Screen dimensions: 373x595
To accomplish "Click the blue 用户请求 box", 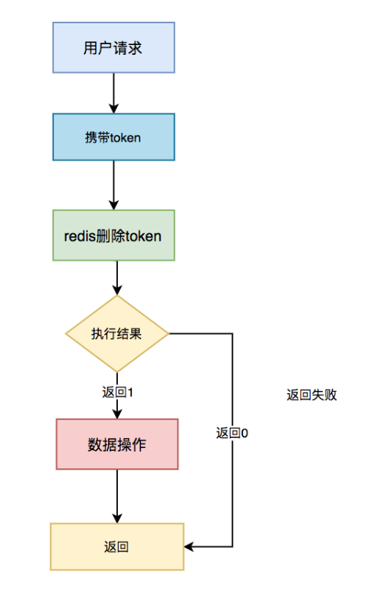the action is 113,47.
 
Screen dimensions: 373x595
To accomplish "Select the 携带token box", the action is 113,137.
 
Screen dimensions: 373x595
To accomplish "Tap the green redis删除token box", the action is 113,236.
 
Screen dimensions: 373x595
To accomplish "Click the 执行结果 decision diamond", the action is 117,334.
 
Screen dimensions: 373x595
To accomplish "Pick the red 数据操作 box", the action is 117,444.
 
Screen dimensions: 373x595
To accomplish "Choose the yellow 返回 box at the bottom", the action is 117,546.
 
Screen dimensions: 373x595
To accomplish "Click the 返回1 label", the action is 117,392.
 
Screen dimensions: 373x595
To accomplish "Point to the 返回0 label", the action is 232,433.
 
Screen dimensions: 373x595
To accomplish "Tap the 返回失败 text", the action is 311,395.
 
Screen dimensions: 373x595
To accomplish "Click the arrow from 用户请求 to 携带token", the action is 113,93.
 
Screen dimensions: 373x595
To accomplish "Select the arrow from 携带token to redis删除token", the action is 113,185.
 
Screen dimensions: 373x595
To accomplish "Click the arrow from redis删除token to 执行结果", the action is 117,278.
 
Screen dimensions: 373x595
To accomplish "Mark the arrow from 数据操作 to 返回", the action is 117,497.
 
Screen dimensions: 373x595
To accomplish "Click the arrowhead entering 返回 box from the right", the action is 188,546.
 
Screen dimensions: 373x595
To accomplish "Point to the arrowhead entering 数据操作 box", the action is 117,414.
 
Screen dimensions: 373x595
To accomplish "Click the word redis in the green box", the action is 80,236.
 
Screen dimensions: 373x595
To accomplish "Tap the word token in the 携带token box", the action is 125,137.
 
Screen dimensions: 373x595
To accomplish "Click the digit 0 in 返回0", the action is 245,433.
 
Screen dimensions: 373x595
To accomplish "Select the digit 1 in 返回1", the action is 131,392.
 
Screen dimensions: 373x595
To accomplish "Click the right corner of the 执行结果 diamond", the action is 169,334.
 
